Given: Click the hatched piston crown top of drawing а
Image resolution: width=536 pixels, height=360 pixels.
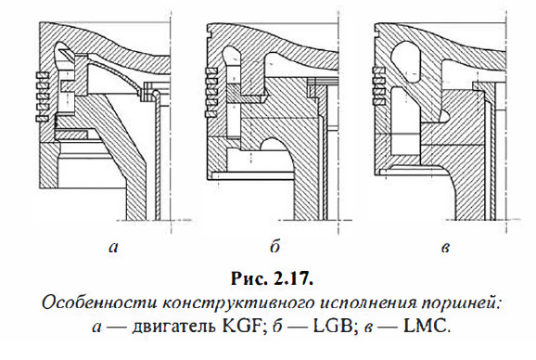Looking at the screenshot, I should (x=102, y=37).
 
